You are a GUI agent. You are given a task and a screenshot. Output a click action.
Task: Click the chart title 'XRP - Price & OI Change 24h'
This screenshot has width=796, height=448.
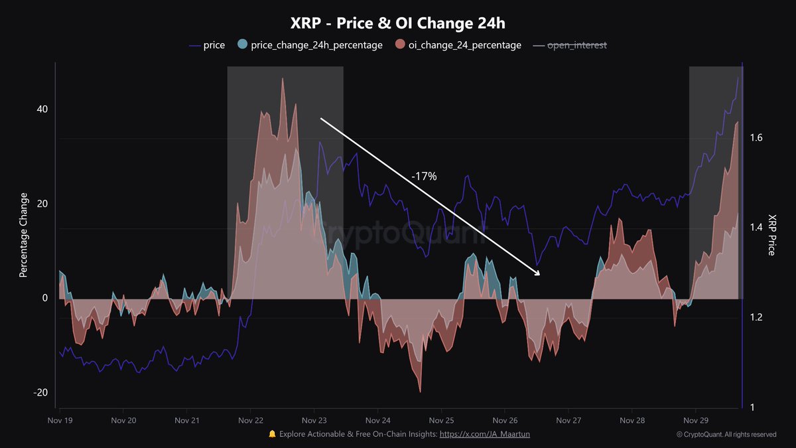click(398, 23)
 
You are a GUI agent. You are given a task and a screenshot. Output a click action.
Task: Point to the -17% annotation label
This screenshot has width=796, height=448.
click(424, 177)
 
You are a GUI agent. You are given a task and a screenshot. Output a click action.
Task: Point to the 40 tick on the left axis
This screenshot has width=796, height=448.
click(42, 110)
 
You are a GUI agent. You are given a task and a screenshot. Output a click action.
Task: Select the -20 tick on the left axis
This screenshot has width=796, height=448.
click(40, 392)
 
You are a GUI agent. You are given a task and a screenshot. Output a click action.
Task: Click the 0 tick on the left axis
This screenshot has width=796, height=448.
click(45, 298)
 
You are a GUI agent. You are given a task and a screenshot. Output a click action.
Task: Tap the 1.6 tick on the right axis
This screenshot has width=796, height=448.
click(755, 138)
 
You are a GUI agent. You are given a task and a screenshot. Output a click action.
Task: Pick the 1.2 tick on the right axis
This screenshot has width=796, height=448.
click(755, 317)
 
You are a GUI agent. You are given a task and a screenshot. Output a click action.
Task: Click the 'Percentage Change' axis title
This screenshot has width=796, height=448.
click(24, 235)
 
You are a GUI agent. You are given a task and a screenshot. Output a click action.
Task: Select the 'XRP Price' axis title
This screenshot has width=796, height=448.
click(771, 235)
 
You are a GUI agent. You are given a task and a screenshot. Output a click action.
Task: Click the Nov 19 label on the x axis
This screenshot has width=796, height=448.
click(60, 420)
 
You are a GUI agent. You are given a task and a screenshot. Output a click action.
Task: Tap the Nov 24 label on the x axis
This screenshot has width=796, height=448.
click(377, 420)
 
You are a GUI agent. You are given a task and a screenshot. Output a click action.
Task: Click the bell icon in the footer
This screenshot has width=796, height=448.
click(272, 434)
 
